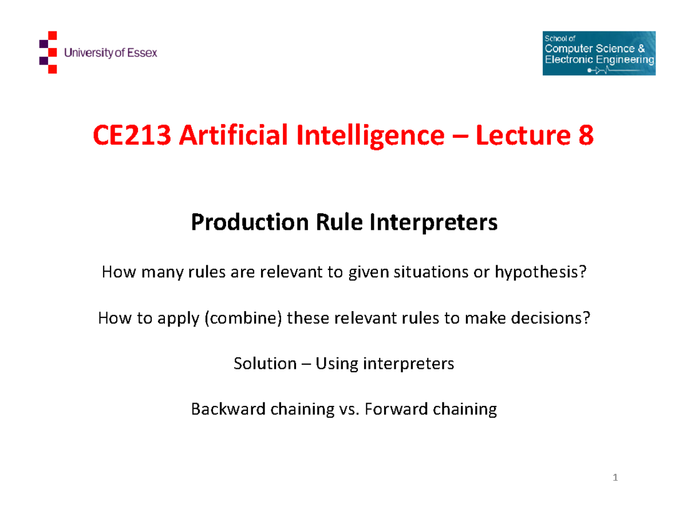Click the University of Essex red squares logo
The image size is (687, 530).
[x=48, y=53]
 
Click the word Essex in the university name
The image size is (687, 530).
[x=142, y=53]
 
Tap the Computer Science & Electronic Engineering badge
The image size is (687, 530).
[x=598, y=53]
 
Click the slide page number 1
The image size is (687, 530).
[x=616, y=478]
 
